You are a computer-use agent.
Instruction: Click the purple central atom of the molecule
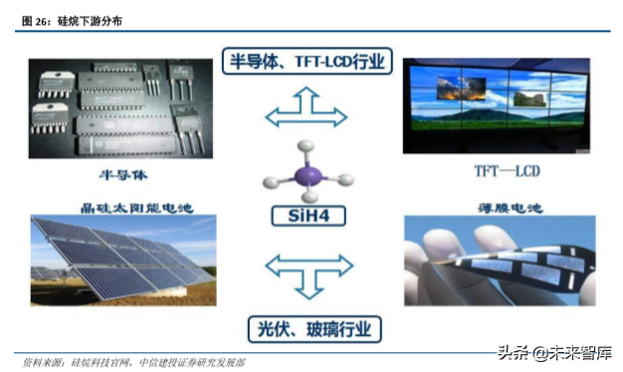(x=310, y=176)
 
